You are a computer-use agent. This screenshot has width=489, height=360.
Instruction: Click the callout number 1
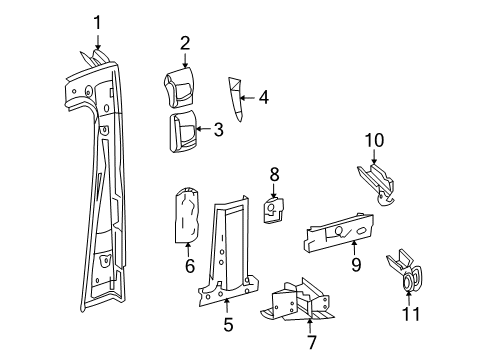97,22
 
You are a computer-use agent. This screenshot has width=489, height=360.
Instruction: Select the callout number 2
184,42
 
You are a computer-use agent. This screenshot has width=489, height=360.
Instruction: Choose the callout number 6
188,267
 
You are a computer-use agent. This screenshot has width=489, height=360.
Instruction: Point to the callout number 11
410,316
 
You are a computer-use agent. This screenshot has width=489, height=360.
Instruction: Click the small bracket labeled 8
272,207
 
